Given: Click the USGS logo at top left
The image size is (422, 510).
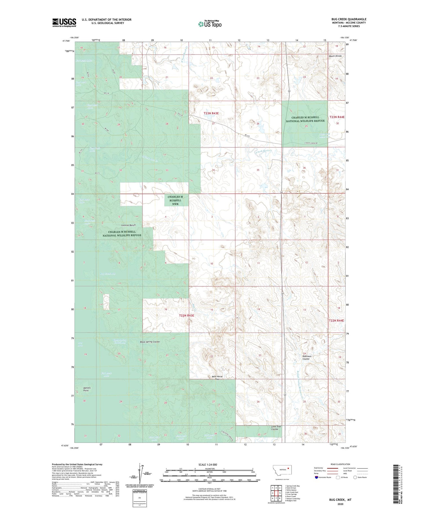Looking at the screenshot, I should [64, 23].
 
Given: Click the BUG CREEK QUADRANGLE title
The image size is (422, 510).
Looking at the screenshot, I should [349, 19].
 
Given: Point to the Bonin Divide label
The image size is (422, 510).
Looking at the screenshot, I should [335, 56].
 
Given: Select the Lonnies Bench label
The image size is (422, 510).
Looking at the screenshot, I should [128, 225].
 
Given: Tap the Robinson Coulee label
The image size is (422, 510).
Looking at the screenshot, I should [307, 357].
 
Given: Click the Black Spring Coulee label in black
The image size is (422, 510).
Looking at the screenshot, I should [150, 342].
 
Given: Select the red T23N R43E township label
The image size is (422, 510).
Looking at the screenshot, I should [211, 113].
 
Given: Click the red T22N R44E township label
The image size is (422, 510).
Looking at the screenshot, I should [336, 320].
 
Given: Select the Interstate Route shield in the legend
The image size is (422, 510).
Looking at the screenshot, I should [316, 477].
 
